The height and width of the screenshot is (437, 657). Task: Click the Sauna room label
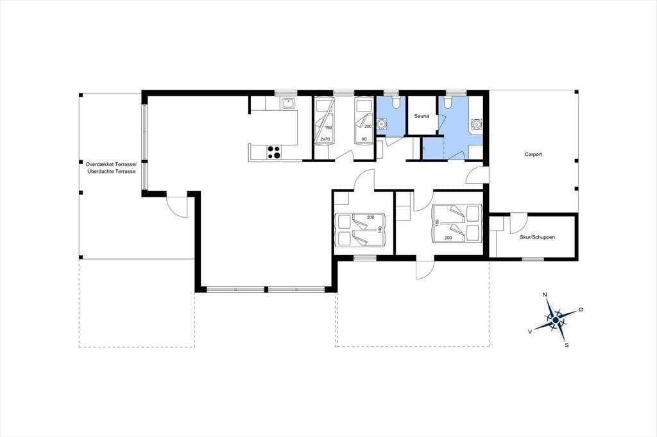click(x=422, y=116)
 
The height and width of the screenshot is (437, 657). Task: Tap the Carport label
click(x=533, y=154)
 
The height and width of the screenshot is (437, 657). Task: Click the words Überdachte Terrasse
click(x=111, y=172)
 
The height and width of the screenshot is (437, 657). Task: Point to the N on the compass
click(x=545, y=295)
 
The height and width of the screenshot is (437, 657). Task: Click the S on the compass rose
click(x=567, y=345)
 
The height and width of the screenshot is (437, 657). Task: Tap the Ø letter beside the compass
click(x=581, y=309)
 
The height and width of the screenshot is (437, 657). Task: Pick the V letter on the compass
click(x=531, y=331)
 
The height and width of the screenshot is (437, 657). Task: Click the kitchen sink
click(x=288, y=103)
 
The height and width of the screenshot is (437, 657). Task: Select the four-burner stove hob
click(x=274, y=152)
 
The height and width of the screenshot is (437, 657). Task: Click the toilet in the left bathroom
click(x=395, y=102)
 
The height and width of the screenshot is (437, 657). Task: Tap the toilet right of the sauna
click(x=447, y=102)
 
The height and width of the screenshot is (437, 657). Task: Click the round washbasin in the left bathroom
click(x=381, y=124)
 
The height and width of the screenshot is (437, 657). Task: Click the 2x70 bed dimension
click(x=325, y=138)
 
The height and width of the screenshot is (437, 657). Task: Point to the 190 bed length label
click(x=328, y=128)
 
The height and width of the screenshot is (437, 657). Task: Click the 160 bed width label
click(x=438, y=223)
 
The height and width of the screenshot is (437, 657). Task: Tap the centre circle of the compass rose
click(x=556, y=320)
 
